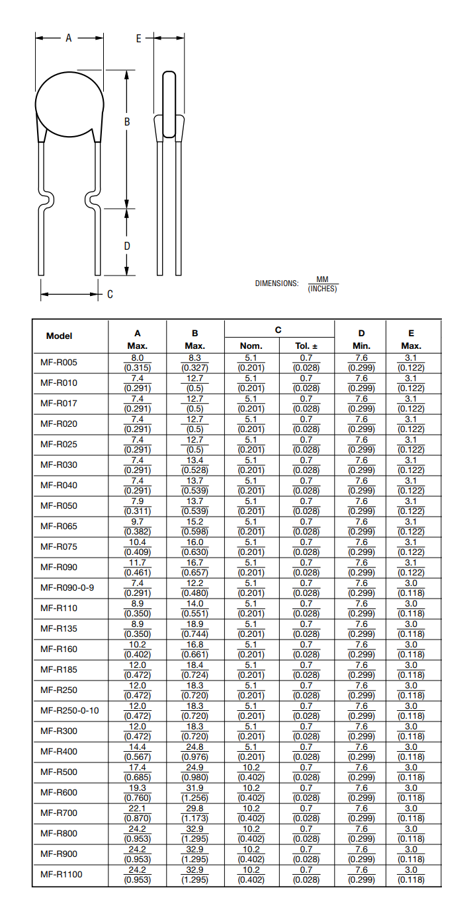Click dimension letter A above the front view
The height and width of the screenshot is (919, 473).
(x=68, y=38)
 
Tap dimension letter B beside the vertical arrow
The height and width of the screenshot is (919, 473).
(x=126, y=122)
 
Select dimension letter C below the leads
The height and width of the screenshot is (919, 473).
(x=110, y=294)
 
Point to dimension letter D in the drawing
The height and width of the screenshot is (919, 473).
(x=126, y=246)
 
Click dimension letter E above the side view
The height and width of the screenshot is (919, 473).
(x=138, y=38)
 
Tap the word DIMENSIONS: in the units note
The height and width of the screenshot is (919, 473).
(x=277, y=283)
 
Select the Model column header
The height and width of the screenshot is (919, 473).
(x=60, y=336)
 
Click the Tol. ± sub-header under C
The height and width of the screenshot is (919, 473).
(x=306, y=346)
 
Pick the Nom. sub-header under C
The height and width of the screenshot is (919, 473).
(x=251, y=346)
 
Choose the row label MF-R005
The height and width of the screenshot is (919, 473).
(x=59, y=363)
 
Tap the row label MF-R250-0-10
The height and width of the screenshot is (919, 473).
(x=69, y=710)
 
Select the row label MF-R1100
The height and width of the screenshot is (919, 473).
(x=61, y=874)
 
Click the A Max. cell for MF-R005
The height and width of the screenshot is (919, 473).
(x=138, y=363)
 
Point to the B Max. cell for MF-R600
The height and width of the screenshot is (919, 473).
(x=194, y=792)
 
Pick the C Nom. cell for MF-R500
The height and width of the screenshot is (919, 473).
(x=251, y=772)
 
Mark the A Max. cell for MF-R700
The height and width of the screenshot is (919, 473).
(x=138, y=813)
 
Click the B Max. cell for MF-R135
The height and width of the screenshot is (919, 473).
(x=194, y=628)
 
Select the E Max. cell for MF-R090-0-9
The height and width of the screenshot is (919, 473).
(x=411, y=587)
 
